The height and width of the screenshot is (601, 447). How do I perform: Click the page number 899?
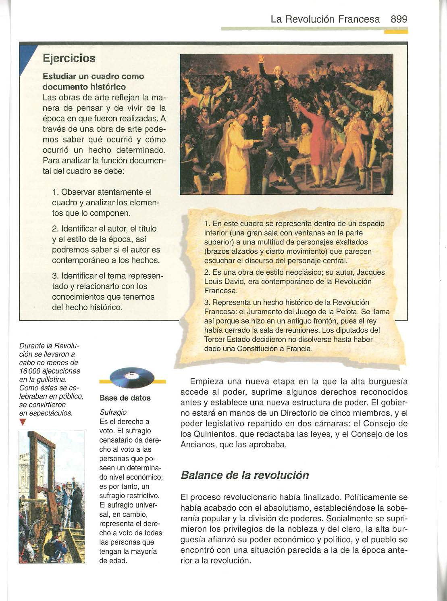[399, 19]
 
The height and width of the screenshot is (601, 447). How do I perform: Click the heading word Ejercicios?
[69, 58]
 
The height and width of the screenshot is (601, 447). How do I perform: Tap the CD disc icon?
[132, 378]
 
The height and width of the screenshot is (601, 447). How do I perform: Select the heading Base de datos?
[125, 398]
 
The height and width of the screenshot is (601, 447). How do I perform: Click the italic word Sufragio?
[113, 412]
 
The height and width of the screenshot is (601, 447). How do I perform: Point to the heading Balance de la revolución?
[245, 475]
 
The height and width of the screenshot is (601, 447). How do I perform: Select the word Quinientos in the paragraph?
[214, 434]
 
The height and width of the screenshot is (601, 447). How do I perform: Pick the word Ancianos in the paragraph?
[198, 445]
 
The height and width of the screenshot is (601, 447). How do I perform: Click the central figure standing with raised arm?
[275, 93]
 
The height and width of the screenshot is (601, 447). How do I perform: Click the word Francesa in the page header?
[359, 19]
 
